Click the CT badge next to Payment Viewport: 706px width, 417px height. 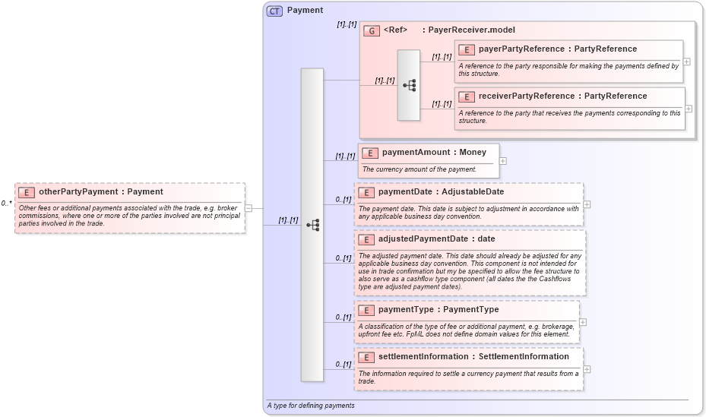pos(274,11)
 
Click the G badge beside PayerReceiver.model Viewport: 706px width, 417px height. pos(372,30)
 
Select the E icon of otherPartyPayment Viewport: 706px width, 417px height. pos(27,192)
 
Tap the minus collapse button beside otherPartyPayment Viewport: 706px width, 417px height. pos(249,208)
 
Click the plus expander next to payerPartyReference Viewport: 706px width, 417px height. pos(687,62)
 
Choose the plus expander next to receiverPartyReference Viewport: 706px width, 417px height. pos(689,109)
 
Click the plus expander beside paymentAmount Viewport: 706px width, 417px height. pos(502,161)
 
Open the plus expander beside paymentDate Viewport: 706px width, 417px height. pos(587,204)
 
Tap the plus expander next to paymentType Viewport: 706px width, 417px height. pos(583,322)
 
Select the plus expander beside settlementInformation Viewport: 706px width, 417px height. pos(587,369)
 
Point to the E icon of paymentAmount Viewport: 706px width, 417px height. pos(370,153)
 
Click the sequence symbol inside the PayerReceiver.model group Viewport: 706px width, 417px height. pos(409,86)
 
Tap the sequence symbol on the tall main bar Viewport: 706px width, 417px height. pos(312,225)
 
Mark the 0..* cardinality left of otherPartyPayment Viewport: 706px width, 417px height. pos(6,204)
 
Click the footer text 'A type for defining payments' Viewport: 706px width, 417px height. pos(310,406)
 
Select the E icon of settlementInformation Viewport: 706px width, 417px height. pos(366,357)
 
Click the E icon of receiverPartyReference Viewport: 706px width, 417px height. pos(467,96)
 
